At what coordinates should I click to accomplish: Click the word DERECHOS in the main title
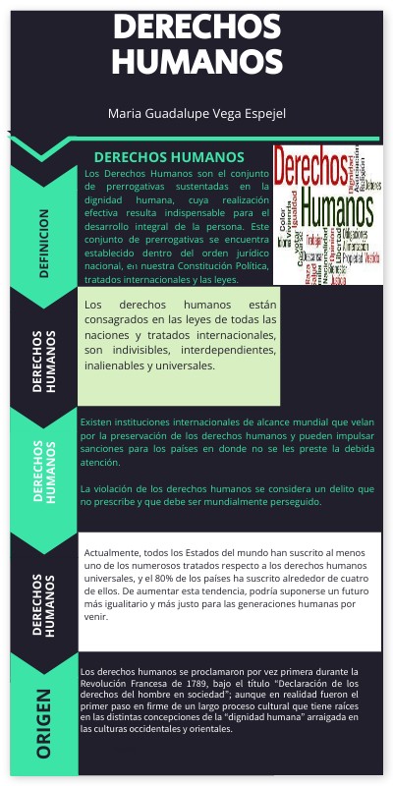pyautogui.click(x=197, y=27)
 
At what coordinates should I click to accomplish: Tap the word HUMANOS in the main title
pyautogui.click(x=197, y=62)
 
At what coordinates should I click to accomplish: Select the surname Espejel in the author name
pyautogui.click(x=258, y=115)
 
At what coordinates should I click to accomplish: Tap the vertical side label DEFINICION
pyautogui.click(x=44, y=243)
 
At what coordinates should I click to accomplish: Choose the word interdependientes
pyautogui.click(x=225, y=350)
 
